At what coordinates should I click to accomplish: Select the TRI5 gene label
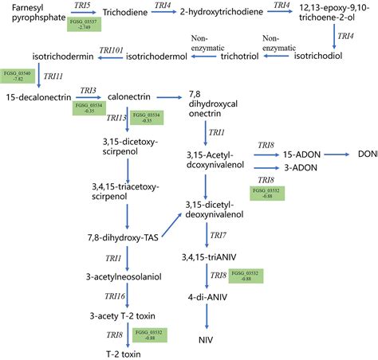tap(82, 6)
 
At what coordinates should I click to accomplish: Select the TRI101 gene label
tap(111, 51)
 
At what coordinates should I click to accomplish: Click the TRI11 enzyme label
tap(53, 76)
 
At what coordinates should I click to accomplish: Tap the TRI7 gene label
tap(218, 236)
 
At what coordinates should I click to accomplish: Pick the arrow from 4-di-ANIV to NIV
tap(207, 318)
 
